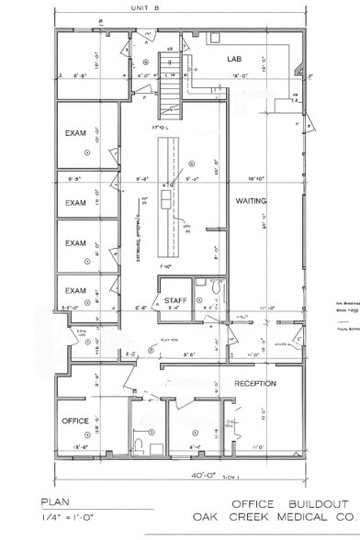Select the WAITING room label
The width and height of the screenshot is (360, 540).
click(250, 200)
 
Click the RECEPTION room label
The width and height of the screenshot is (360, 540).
click(255, 383)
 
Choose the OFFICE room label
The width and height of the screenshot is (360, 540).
click(75, 421)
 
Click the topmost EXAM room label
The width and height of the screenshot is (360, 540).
click(75, 134)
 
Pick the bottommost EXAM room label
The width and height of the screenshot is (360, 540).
click(75, 291)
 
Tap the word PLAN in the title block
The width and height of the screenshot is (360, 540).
click(54, 503)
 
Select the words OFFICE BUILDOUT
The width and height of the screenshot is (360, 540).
click(289, 505)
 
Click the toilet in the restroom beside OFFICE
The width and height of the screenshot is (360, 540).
click(137, 444)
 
